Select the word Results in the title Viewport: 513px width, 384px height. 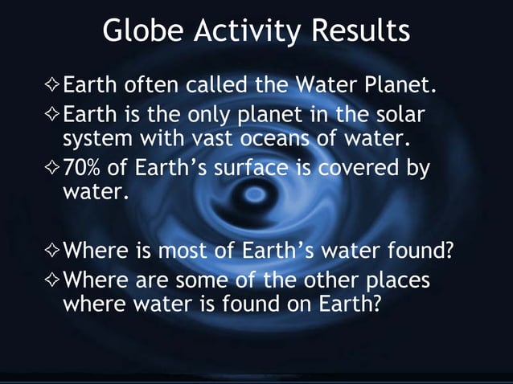(x=361, y=31)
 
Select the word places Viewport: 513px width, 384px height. (x=386, y=282)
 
